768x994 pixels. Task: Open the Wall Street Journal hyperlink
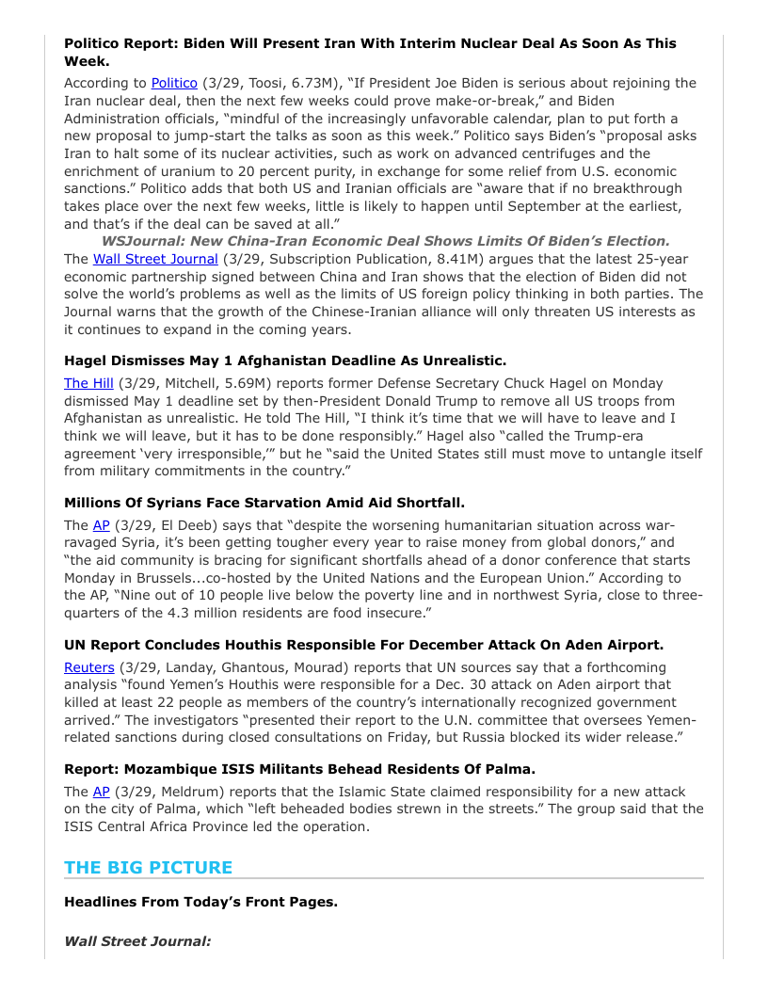click(x=155, y=259)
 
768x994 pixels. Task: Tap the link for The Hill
click(x=87, y=383)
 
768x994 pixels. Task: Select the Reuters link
click(x=88, y=667)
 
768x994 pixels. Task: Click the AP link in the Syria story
click(x=101, y=525)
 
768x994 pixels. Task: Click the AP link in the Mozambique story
click(x=101, y=792)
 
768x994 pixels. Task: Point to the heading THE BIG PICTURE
click(x=148, y=867)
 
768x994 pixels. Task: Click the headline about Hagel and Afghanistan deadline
click(x=284, y=361)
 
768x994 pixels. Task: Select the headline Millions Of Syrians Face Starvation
click(x=264, y=503)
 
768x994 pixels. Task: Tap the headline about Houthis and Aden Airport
click(x=363, y=645)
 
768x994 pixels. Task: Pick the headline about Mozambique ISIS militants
click(x=299, y=769)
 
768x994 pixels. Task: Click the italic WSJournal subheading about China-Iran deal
click(x=386, y=241)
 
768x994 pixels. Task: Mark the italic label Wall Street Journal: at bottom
click(x=137, y=940)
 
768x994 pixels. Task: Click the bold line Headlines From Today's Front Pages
click(x=200, y=902)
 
